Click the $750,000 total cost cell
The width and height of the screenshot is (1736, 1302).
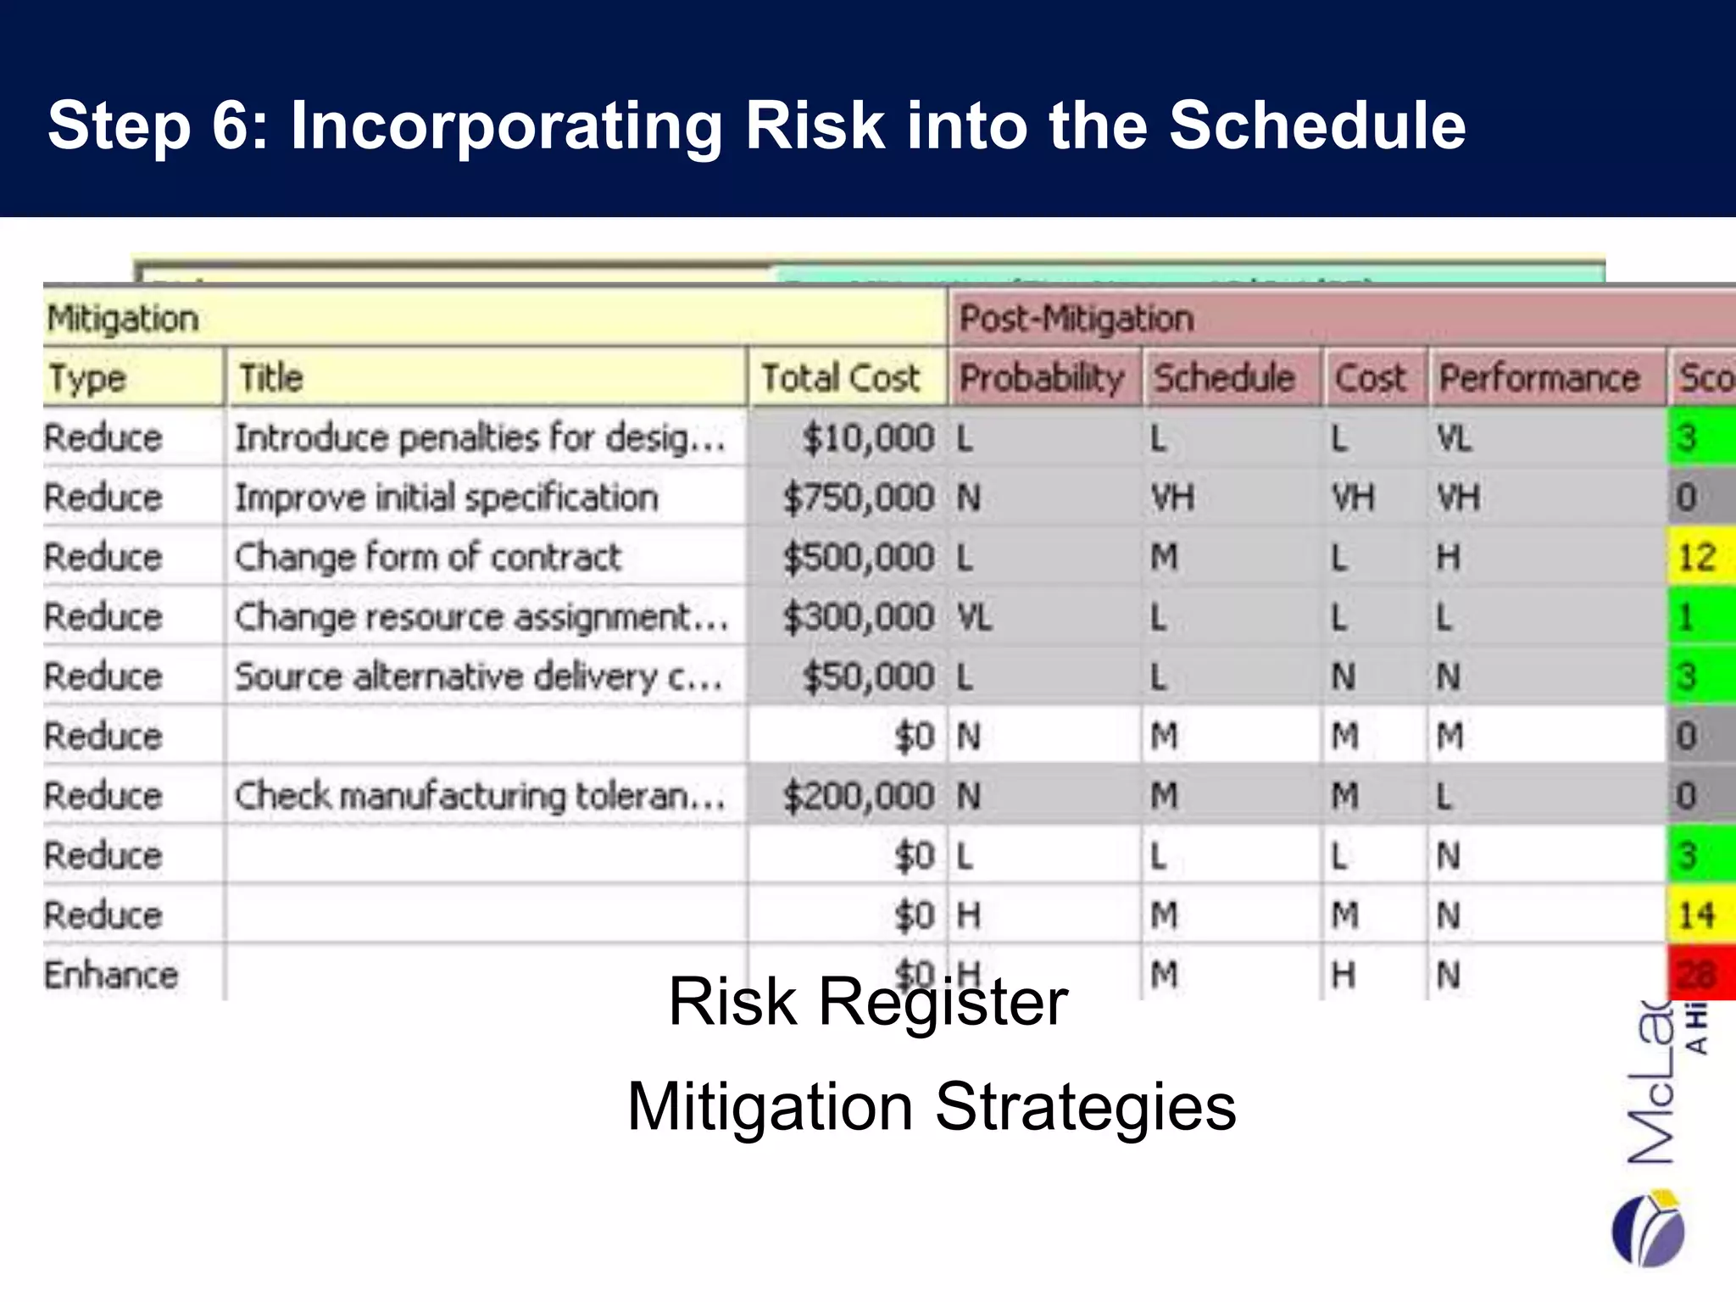coord(858,498)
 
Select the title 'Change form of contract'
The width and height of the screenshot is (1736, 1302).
coord(428,558)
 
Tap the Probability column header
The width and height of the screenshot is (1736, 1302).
coord(1042,378)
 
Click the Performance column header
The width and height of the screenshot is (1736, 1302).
coord(1539,378)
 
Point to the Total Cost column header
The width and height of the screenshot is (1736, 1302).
coord(840,378)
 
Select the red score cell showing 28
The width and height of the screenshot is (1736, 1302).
coord(1700,975)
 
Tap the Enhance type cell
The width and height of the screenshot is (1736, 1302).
coord(111,975)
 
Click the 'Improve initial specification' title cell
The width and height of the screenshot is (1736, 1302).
coord(447,498)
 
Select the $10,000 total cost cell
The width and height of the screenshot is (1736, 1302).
coord(867,438)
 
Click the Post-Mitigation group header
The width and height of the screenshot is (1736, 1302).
coord(1077,319)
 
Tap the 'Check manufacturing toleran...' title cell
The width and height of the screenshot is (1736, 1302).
coord(480,796)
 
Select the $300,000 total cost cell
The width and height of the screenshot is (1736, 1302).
coord(858,617)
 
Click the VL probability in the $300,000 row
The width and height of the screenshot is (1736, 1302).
coord(974,617)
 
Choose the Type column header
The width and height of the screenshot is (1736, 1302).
coord(87,378)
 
